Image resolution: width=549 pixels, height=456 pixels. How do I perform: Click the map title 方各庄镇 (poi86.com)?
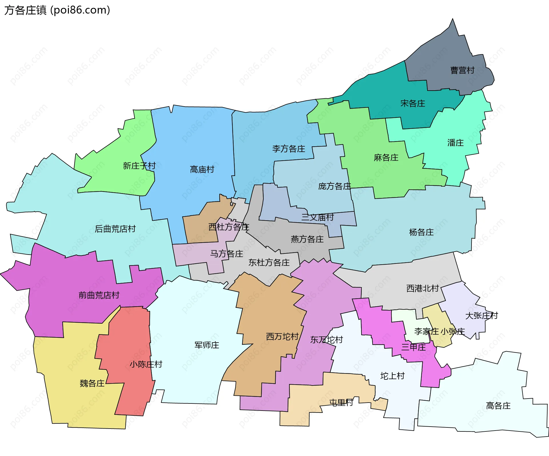57,10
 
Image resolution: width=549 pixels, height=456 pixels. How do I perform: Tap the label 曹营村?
462,70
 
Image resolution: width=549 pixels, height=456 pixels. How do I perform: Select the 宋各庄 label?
413,103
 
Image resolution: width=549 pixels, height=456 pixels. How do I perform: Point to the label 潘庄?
455,143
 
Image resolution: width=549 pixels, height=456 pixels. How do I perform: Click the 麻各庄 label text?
386,158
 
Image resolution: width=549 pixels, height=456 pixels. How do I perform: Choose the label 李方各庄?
289,149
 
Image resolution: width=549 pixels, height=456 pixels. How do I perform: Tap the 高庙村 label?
202,170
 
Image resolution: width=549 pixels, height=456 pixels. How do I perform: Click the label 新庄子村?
139,166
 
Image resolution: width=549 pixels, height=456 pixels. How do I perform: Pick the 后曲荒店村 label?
115,229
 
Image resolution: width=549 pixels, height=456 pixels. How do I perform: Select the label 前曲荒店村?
99,295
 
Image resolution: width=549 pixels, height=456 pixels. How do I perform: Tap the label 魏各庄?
92,383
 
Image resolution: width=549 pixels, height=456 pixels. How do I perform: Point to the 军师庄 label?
207,345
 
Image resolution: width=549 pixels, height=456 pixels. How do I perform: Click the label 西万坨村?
282,337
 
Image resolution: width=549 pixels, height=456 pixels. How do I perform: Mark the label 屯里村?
341,403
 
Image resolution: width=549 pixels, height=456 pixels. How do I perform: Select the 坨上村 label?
392,376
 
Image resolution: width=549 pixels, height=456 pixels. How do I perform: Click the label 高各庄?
498,406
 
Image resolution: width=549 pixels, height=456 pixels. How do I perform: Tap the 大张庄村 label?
482,316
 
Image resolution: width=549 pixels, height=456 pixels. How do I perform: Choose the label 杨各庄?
421,232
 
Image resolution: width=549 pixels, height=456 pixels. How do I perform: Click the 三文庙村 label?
317,217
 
